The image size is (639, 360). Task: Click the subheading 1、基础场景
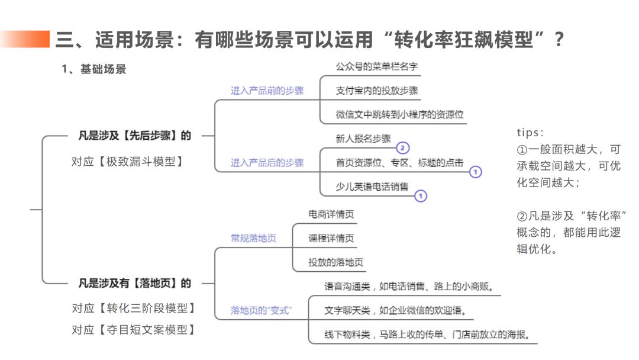94,69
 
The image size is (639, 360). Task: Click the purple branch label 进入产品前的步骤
267,91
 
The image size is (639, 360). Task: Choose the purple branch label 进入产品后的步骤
267,162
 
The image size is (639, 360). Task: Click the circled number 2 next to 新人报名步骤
403,147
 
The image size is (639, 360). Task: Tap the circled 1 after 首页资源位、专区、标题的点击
476,172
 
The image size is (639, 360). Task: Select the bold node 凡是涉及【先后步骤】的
135,136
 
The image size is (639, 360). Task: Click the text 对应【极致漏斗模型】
127,161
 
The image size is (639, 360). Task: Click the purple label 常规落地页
253,239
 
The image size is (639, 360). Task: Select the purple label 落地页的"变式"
262,310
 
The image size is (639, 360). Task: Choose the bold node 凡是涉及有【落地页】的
135,283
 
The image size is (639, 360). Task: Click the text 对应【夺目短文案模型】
134,330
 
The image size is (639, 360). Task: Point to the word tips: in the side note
531,132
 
